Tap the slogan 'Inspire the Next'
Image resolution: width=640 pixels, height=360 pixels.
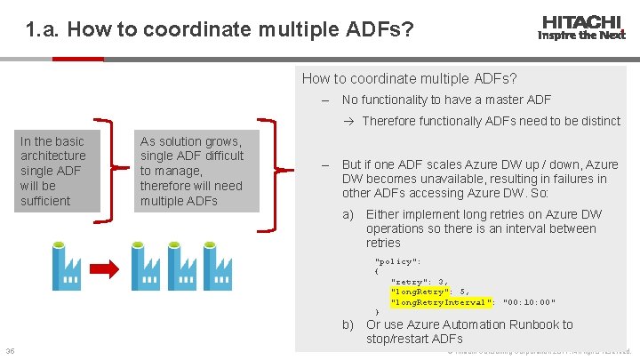tap(581, 36)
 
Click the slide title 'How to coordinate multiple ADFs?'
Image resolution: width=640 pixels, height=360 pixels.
tap(220, 30)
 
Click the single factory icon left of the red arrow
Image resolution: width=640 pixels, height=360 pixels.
tap(68, 265)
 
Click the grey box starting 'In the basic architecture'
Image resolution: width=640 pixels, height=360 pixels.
tap(53, 171)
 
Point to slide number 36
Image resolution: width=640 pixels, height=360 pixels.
tap(9, 349)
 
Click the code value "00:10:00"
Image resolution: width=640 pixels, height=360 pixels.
tap(529, 302)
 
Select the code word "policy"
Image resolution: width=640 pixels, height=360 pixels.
tap(397, 261)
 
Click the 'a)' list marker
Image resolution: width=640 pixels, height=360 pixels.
tap(349, 214)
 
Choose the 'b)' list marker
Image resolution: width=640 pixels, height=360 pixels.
tap(349, 324)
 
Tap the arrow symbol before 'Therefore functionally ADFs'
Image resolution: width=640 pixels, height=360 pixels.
tap(352, 121)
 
